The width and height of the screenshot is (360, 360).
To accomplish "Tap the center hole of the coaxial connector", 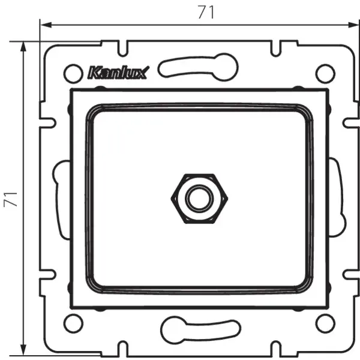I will [196, 198].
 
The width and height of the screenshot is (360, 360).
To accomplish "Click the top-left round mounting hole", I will [72, 73].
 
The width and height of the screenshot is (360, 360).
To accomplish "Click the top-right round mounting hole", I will [325, 73].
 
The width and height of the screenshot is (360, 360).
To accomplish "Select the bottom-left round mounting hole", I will [72, 324].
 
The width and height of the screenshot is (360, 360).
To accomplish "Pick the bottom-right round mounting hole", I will [325, 324].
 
